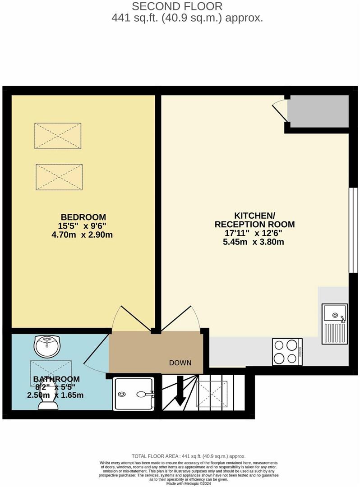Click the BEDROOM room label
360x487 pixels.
point(83,217)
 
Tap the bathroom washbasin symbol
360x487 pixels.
point(47,346)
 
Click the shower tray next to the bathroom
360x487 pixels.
point(134,394)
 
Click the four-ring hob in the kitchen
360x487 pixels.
point(287,351)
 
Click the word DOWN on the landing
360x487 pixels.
point(180,363)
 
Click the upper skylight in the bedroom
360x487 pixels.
point(58,135)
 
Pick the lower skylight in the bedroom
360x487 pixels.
point(59,177)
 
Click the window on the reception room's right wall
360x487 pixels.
point(353,230)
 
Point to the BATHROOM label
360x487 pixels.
point(56,379)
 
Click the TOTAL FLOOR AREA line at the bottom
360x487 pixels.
point(188,456)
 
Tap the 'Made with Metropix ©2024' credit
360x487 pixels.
point(188,483)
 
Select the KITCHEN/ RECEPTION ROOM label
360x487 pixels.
point(255,220)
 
